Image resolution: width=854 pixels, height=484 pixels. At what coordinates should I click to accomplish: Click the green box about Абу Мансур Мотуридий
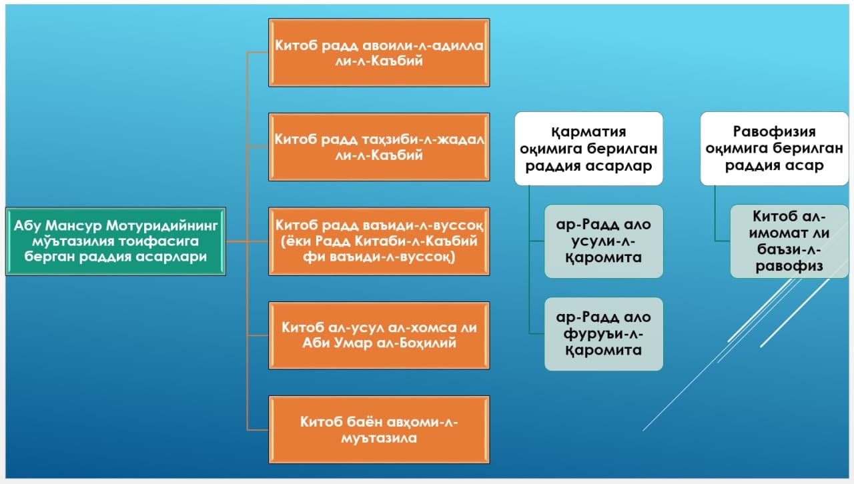click(116, 241)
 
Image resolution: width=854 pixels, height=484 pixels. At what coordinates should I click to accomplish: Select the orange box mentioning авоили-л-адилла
click(379, 53)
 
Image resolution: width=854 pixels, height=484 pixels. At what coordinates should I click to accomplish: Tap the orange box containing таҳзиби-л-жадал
click(379, 147)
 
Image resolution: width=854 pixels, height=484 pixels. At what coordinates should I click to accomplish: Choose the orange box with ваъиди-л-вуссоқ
click(379, 241)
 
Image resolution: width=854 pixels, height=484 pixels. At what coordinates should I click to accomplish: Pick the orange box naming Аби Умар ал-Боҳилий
click(379, 335)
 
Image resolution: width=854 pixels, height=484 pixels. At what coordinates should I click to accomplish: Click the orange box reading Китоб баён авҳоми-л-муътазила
click(379, 430)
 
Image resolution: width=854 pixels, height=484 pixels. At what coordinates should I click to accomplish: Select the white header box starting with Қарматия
click(588, 149)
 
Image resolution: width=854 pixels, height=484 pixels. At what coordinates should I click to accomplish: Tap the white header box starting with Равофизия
click(775, 149)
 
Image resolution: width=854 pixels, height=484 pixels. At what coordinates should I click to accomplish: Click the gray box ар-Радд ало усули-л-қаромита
click(604, 241)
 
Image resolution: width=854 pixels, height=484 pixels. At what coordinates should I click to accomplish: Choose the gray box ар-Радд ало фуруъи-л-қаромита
click(604, 334)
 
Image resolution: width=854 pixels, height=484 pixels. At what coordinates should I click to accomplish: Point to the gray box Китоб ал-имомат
click(789, 241)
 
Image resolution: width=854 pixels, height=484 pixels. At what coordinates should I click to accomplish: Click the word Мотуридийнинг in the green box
click(161, 225)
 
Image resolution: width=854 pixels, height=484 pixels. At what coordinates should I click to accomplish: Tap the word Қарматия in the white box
click(588, 132)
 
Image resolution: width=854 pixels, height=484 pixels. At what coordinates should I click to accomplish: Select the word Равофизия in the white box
click(775, 131)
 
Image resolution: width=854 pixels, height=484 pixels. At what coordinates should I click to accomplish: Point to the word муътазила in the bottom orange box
click(379, 438)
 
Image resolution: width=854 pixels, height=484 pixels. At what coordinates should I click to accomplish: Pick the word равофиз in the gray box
click(789, 266)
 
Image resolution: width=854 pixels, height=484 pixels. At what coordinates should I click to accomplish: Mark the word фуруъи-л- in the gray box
click(604, 334)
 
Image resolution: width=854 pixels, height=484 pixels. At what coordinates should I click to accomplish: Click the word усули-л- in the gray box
click(604, 241)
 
